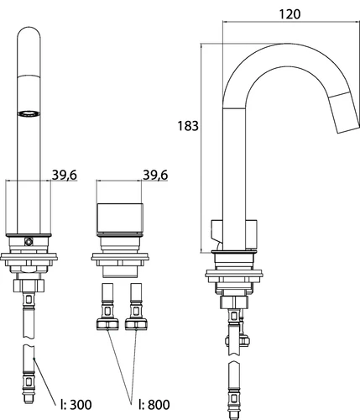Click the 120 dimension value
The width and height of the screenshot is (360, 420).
tap(290, 14)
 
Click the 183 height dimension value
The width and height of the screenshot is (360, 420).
tap(188, 126)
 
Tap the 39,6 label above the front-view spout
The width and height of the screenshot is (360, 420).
tap(65, 175)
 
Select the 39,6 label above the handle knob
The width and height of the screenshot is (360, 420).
tap(155, 175)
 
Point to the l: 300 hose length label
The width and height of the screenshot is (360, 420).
tap(76, 405)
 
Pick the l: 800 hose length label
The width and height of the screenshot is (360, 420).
tap(154, 405)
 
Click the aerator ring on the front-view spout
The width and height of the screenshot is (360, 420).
tap(29, 113)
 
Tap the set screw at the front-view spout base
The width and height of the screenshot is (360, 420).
tap(29, 241)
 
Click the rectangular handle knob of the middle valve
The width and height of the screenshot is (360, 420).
tap(120, 218)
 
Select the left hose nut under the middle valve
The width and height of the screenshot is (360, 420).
tap(107, 324)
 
